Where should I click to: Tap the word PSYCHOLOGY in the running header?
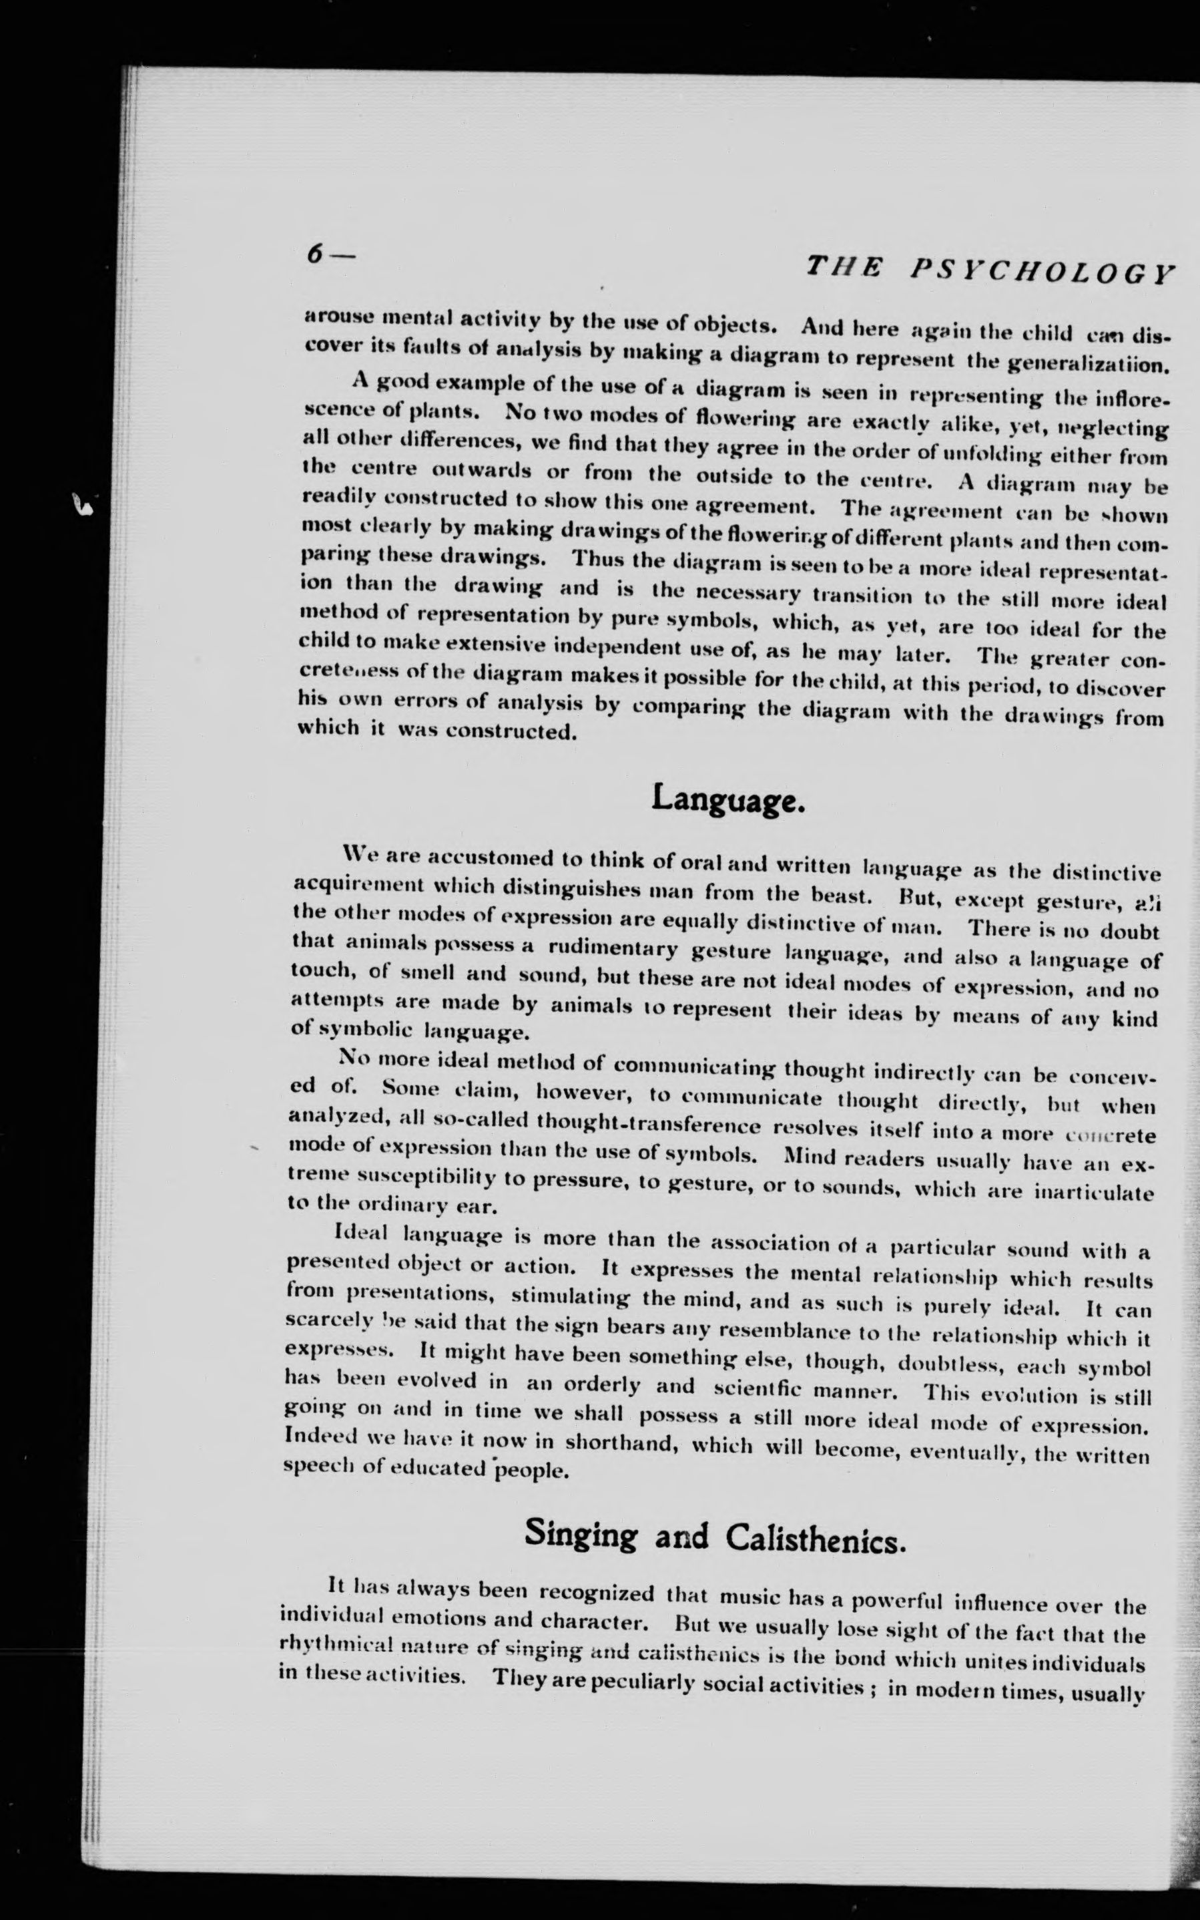[x=1041, y=272]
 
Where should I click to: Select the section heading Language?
[x=727, y=799]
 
